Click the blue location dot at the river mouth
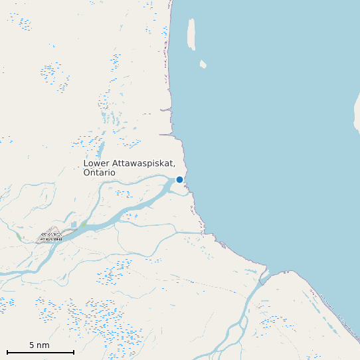(179, 179)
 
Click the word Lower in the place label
(97, 163)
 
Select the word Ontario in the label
(99, 173)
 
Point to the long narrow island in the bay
(192, 33)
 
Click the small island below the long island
(203, 64)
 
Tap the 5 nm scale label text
(39, 345)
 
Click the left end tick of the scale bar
(7, 352)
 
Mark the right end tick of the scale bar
(73, 352)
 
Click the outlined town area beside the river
(50, 235)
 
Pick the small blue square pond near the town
(74, 225)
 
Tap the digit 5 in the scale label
(31, 345)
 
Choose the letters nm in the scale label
(43, 345)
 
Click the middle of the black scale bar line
(40, 352)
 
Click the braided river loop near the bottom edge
(232, 332)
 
